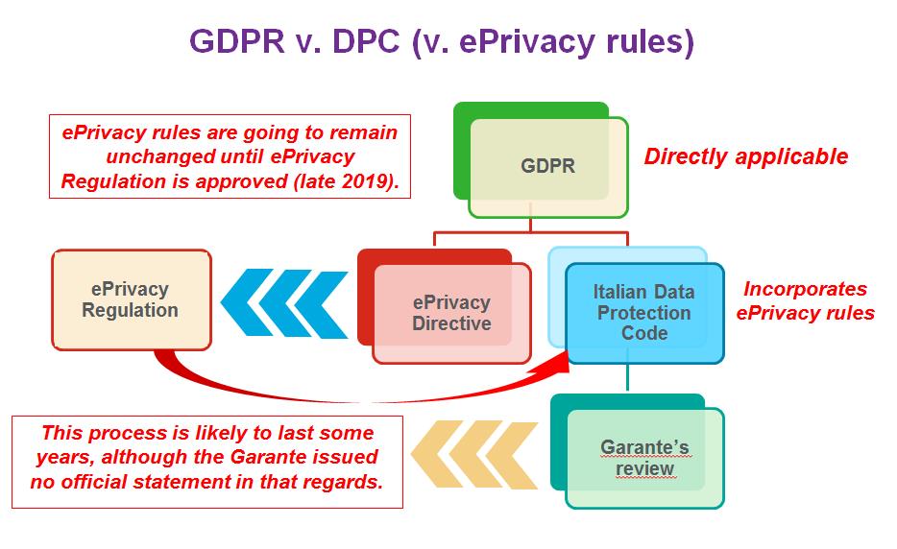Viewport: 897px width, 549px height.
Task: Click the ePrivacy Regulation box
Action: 132,299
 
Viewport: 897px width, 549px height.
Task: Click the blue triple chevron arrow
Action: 284,303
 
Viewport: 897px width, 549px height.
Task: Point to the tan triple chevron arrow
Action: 474,455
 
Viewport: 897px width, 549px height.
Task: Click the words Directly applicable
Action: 746,156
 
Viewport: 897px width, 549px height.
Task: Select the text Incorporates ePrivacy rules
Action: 806,300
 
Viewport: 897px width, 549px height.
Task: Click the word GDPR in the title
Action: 237,41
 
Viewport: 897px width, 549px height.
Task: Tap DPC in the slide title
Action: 366,41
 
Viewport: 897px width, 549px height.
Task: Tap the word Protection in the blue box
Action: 644,313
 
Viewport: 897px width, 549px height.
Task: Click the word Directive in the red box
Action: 452,323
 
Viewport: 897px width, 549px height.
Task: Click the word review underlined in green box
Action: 644,469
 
